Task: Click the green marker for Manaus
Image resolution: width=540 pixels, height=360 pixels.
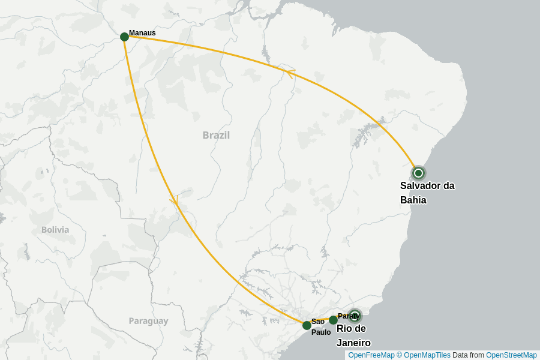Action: pyautogui.click(x=124, y=37)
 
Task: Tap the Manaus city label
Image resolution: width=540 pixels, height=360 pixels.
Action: pyautogui.click(x=142, y=33)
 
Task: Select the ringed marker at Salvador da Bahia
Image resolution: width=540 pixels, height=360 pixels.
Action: pyautogui.click(x=419, y=173)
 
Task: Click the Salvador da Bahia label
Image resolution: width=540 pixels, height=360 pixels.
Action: pyautogui.click(x=427, y=193)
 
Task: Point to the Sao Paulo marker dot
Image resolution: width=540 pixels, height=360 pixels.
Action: pyautogui.click(x=307, y=325)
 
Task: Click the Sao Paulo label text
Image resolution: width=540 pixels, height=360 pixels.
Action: pyautogui.click(x=320, y=326)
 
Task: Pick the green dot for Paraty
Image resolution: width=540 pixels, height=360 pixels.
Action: pyautogui.click(x=333, y=320)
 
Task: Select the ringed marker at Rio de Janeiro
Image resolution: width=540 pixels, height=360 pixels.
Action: pyautogui.click(x=355, y=316)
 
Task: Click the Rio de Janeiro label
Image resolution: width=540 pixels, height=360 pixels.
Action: pyautogui.click(x=353, y=335)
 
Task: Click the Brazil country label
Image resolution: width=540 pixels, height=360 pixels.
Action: pyautogui.click(x=216, y=135)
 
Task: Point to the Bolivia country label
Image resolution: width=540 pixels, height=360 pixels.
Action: pyautogui.click(x=55, y=230)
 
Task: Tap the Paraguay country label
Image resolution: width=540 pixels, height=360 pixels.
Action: pyautogui.click(x=148, y=321)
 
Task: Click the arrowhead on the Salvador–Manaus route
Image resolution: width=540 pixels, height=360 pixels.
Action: pyautogui.click(x=290, y=73)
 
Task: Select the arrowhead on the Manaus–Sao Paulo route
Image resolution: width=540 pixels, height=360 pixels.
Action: pyautogui.click(x=175, y=200)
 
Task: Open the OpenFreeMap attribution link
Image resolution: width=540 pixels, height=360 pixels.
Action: pyautogui.click(x=371, y=355)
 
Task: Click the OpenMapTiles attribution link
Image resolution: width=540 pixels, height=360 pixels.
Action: pyautogui.click(x=427, y=355)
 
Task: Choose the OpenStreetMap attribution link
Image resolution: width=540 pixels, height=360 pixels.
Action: pyautogui.click(x=511, y=355)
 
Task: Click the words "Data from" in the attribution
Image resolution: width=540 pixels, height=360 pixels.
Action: pyautogui.click(x=468, y=355)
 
